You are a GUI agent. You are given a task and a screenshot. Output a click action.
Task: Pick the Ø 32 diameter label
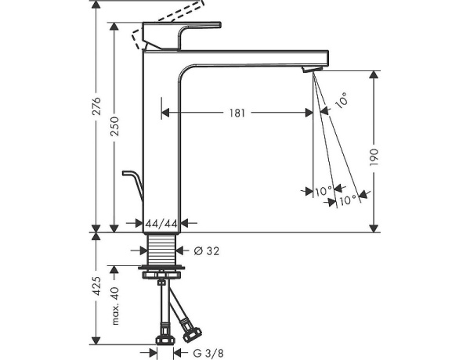tap(205, 251)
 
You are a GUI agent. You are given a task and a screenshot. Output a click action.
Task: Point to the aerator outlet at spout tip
tap(310, 71)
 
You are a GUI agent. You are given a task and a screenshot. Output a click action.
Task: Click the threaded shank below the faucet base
tap(163, 251)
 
